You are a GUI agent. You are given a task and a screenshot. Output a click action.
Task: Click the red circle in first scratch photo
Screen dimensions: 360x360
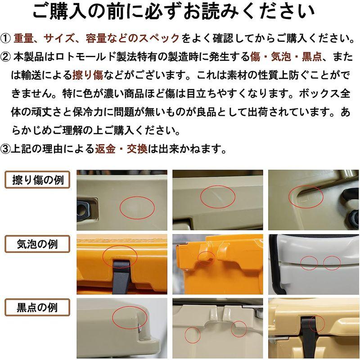pyautogui.click(x=137, y=207)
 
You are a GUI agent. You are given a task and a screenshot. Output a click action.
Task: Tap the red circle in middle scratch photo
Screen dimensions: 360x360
pyautogui.click(x=217, y=195)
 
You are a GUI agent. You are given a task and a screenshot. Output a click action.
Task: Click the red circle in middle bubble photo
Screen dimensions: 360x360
pyautogui.click(x=207, y=258)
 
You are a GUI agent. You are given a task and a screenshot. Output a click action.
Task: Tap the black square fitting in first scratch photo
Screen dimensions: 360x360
pyautogui.click(x=83, y=208)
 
